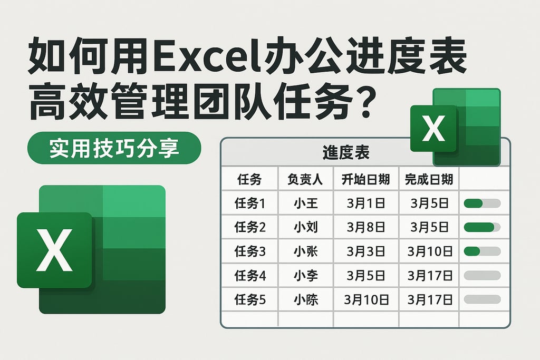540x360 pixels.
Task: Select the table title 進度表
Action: click(x=345, y=153)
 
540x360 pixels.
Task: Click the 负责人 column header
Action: click(x=306, y=180)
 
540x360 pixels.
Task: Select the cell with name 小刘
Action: click(x=306, y=227)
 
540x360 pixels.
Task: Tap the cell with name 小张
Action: click(x=306, y=251)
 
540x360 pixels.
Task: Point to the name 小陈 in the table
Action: click(x=306, y=299)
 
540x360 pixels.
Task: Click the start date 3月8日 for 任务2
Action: click(x=366, y=227)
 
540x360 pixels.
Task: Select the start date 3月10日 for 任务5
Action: click(x=366, y=299)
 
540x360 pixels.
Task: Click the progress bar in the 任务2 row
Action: click(x=481, y=227)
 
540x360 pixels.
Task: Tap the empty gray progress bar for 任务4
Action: click(x=481, y=275)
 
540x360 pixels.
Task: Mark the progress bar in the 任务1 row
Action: click(x=481, y=203)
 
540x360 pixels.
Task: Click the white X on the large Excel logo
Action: click(x=54, y=250)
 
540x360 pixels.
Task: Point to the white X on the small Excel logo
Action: click(x=434, y=129)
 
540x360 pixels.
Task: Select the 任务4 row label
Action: click(x=249, y=275)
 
